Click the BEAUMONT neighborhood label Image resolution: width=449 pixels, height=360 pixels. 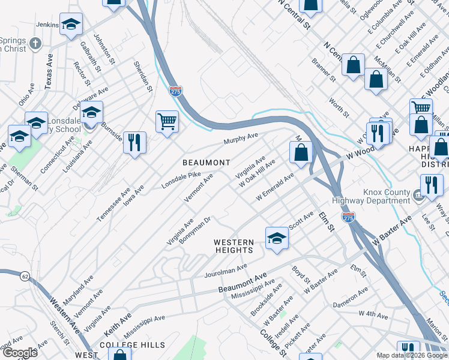pos(206,163)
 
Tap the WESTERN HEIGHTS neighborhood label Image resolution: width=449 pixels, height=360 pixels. pos(234,246)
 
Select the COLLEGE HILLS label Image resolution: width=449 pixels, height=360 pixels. pos(132,345)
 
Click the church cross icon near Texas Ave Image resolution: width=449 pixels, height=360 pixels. pos(36,43)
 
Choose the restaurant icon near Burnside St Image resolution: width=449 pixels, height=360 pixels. pos(134,143)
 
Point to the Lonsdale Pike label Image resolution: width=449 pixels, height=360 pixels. pos(181,179)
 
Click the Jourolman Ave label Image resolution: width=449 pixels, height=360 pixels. pos(226,271)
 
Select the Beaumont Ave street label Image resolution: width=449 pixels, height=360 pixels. pos(243,282)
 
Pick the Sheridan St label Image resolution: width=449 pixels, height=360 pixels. pos(143,77)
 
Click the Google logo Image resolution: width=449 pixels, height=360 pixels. pos(20,353)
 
